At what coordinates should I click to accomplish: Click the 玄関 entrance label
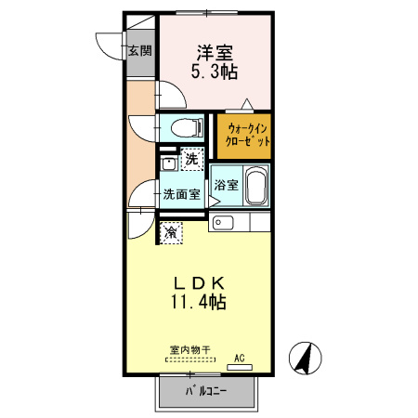pos(140,50)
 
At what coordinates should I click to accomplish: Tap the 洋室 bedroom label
pos(216,53)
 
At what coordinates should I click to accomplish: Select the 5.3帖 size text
pos(215,72)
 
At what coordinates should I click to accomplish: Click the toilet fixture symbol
pos(187,127)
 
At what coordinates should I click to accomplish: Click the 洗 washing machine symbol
pos(192,159)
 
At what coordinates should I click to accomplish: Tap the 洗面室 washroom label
pos(182,194)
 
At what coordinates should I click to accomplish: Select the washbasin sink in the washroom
pos(169,163)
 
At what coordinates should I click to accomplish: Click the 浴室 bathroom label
pos(227,185)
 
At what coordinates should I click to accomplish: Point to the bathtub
pos(256,186)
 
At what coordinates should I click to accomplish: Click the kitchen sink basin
pos(223,222)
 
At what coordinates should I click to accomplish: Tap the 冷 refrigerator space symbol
pos(171,232)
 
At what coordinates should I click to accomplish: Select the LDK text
pos(199,282)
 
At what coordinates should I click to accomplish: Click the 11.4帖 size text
pos(199,302)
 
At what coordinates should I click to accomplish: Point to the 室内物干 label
pos(189,350)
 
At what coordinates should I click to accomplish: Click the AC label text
pos(240,359)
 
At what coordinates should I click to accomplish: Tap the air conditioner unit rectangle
pos(240,368)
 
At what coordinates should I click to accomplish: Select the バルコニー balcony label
pos(206,391)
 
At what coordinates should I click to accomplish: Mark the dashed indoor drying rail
pos(190,359)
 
